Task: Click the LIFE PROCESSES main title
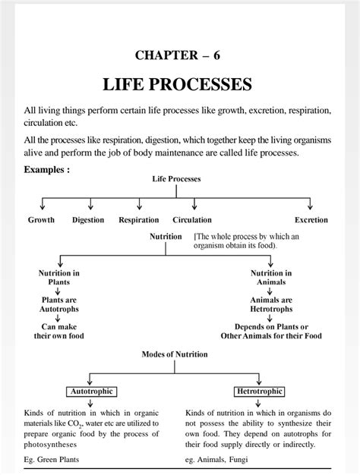tap(178, 84)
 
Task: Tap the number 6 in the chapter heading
tap(216, 55)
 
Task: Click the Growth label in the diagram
tap(41, 220)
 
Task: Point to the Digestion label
tap(88, 220)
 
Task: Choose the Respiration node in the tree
tap(138, 220)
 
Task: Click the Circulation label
tap(192, 220)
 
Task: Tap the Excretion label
tap(311, 220)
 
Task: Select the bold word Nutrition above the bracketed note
tap(166, 237)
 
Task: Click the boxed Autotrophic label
tap(92, 392)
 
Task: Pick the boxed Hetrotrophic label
tap(259, 392)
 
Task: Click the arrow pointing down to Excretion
tap(310, 204)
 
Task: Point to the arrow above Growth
tap(43, 204)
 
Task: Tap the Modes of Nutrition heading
tap(175, 354)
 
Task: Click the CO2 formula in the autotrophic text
tap(74, 424)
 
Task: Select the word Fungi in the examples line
tap(238, 460)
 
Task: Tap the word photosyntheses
tap(50, 445)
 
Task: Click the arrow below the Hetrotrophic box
tap(258, 403)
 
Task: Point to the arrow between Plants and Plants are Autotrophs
tap(58, 291)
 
